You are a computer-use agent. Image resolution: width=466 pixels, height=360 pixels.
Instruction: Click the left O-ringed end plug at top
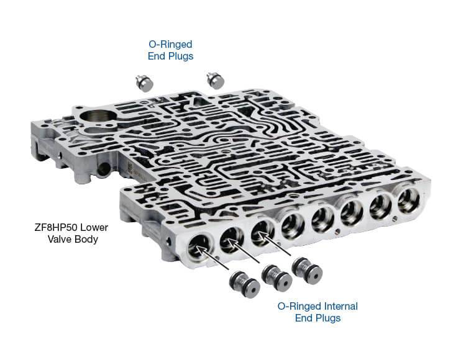[x=144, y=83]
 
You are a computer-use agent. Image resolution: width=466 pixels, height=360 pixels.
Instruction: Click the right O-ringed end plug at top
[x=215, y=81]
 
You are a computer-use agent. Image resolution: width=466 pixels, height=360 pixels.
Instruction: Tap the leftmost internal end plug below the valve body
[x=245, y=284]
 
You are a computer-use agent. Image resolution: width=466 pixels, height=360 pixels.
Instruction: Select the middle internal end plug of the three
[x=276, y=278]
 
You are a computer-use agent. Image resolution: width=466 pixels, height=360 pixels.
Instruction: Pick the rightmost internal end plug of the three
[x=307, y=271]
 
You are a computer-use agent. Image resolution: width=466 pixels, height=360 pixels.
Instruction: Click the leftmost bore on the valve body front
[x=199, y=248]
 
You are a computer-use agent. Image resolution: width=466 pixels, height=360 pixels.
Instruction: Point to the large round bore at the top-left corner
[x=96, y=119]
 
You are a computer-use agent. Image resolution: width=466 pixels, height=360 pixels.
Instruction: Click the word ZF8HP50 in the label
[x=57, y=228]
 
